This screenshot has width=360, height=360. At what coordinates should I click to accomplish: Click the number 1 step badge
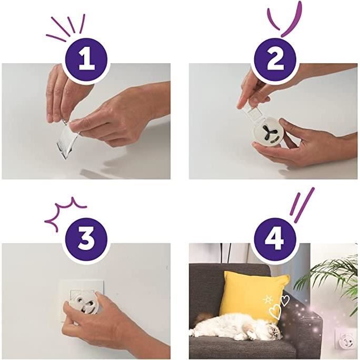86,59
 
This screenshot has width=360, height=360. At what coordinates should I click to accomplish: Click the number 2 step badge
275,59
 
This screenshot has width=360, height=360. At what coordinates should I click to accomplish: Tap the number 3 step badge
86,239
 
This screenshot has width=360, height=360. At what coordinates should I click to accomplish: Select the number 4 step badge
275,239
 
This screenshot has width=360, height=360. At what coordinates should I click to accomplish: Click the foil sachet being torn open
67,140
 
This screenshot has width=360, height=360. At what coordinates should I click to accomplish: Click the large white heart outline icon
275,312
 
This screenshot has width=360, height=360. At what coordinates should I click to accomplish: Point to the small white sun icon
267,300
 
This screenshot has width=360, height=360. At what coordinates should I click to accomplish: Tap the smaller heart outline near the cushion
285,301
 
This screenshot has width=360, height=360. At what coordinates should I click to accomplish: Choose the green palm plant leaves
331,278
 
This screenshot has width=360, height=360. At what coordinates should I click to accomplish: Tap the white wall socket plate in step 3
81,301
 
